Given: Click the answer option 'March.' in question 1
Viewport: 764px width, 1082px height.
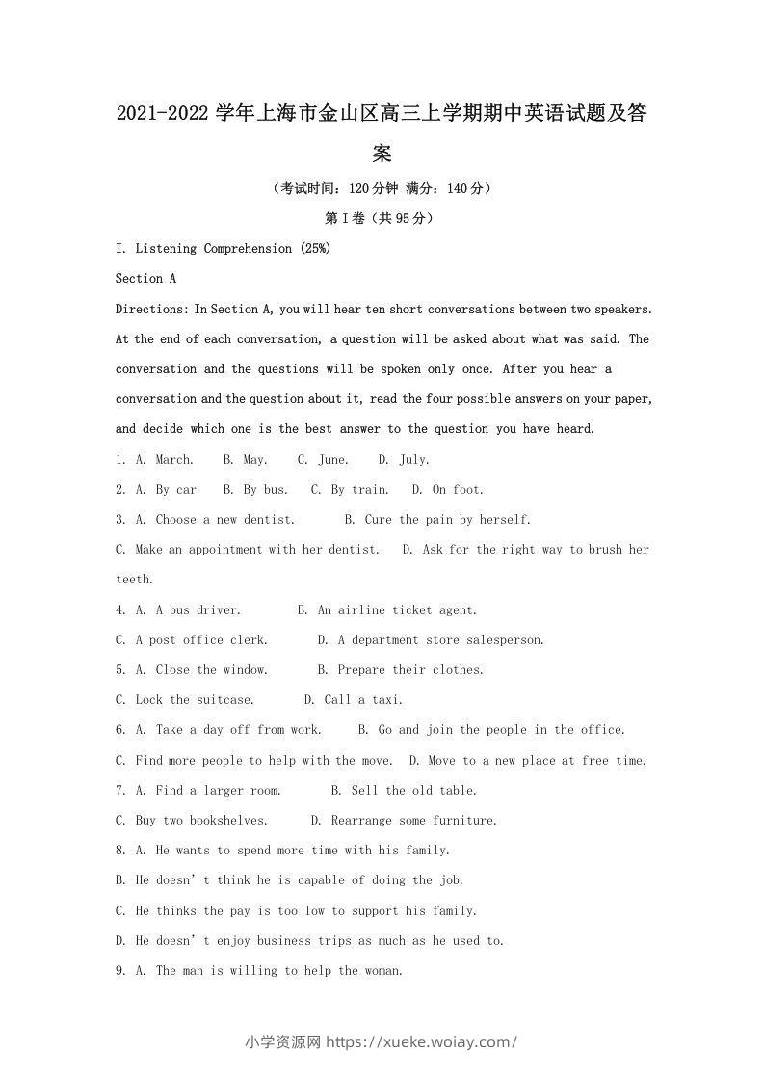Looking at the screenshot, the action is (x=174, y=459).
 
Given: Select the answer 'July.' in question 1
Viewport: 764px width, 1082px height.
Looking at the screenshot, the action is (x=414, y=459).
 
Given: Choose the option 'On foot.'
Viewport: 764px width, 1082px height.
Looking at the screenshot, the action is (x=458, y=489).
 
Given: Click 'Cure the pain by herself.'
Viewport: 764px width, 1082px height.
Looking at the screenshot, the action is (x=448, y=519).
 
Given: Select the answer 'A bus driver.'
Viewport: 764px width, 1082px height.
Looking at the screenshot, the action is (x=198, y=609).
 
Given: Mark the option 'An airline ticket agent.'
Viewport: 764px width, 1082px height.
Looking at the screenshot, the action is (x=397, y=609).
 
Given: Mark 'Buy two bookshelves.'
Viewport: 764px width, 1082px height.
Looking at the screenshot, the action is (x=201, y=820).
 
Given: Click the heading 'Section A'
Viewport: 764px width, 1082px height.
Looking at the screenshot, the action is (x=145, y=278).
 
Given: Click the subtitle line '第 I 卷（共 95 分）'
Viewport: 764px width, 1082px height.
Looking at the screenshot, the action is (x=382, y=218).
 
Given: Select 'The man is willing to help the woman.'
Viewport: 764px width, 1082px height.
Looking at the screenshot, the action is (x=278, y=970).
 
